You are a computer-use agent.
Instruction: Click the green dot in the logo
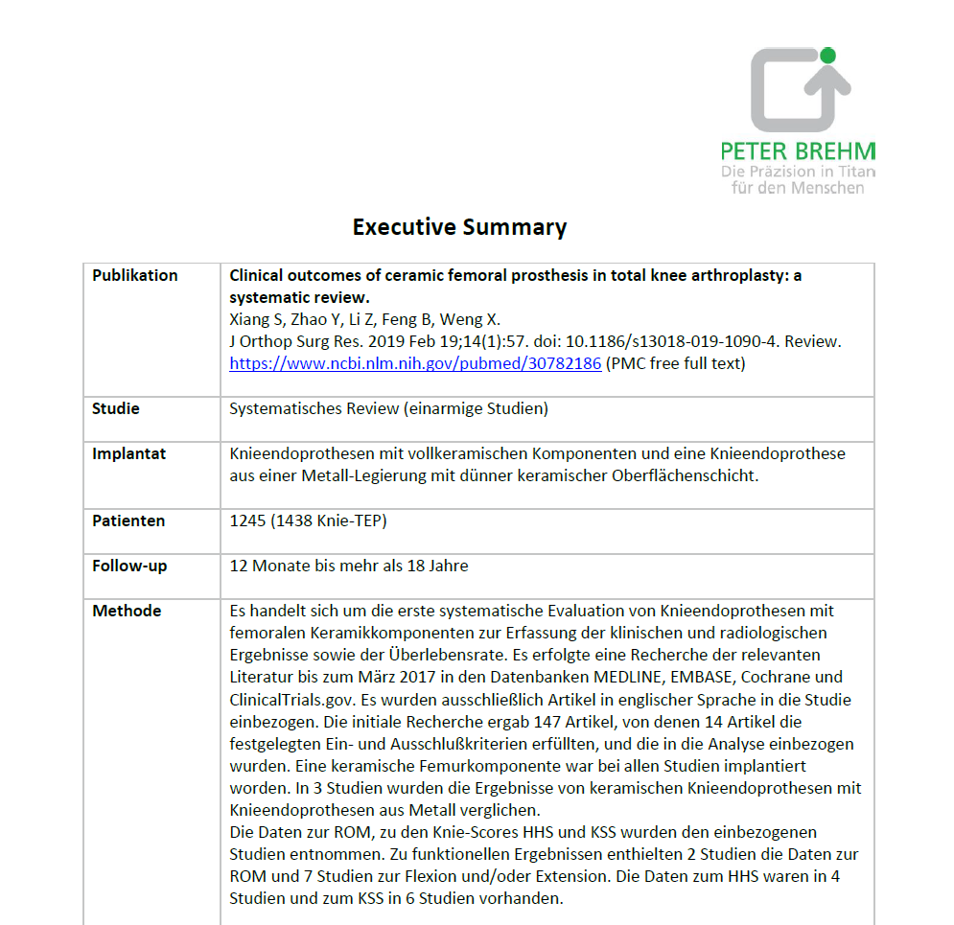(x=827, y=56)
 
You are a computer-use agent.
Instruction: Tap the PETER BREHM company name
(x=798, y=151)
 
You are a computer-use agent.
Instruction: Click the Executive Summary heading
(x=459, y=227)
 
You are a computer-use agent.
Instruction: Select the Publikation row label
(x=135, y=275)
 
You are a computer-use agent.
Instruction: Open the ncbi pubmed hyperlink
(x=415, y=363)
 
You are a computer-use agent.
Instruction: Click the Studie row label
(x=116, y=408)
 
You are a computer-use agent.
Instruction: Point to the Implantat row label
(x=128, y=453)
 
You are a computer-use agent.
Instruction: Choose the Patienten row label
(x=128, y=520)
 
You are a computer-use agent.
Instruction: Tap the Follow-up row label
(x=129, y=566)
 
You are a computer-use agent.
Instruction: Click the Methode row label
(x=127, y=611)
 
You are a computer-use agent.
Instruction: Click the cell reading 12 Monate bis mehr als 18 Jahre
(x=349, y=566)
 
